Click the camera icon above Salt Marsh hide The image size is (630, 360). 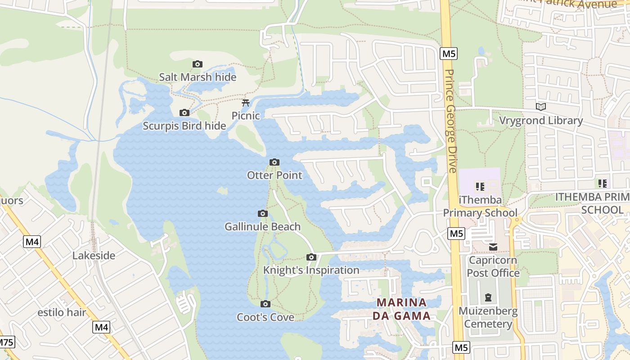197,64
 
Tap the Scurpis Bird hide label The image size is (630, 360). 184,126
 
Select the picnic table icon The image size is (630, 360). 246,103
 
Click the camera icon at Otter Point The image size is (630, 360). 274,162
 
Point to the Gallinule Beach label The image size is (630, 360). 262,226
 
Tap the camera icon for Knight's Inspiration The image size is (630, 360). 311,257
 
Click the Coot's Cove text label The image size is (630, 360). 265,317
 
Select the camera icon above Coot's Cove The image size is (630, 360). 265,304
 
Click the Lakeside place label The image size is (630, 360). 94,256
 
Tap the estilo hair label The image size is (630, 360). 62,312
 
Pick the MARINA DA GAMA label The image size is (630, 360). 401,309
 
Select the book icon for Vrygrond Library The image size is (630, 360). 541,107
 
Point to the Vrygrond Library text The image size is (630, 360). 541,121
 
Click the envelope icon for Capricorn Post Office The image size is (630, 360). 493,247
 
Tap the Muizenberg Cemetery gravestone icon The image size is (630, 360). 488,297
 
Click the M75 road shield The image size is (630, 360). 6,342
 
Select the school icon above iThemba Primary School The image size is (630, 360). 480,186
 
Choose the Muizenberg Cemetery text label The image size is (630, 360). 488,317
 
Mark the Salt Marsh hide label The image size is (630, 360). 198,77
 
